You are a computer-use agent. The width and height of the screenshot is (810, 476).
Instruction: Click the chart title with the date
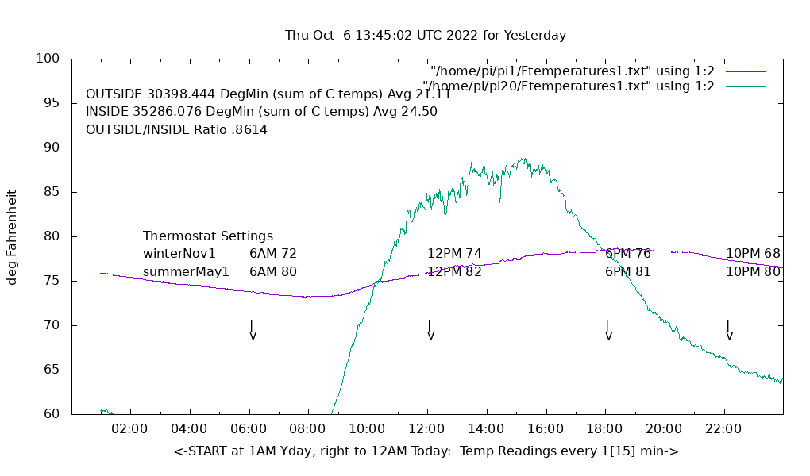coord(426,36)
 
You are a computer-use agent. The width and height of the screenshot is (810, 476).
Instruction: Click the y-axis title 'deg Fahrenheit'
coord(13,236)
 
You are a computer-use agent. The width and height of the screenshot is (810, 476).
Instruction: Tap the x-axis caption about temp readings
coord(426,451)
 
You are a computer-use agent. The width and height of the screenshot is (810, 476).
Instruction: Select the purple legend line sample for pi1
coord(746,71)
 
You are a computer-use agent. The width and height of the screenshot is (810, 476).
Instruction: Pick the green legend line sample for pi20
coord(746,86)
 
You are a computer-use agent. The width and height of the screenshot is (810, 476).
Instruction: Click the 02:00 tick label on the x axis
coord(129,429)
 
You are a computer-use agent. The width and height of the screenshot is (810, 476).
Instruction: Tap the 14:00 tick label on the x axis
coord(486,429)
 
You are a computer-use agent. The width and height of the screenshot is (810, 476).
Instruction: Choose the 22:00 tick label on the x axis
coord(723,429)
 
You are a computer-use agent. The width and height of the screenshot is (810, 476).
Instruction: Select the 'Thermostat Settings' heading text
coord(208,236)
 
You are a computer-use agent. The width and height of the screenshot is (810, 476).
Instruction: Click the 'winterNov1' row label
coord(179,254)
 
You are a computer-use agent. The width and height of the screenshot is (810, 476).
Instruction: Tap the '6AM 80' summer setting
coord(273,272)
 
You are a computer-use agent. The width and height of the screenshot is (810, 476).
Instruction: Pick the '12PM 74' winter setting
coord(454,254)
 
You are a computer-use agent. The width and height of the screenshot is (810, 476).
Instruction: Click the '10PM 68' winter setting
coord(753,254)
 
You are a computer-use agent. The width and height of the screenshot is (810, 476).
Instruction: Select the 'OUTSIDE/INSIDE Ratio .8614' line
coord(176,129)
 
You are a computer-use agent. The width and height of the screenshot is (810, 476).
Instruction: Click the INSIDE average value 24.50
coord(419,112)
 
